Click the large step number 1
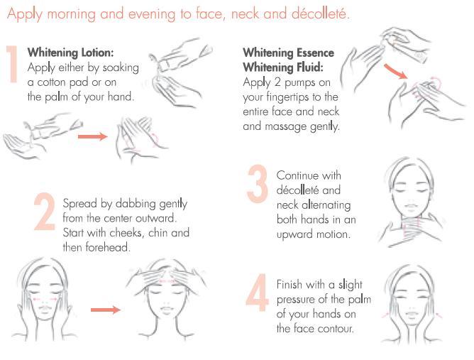point(13,64)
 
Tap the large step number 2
point(45,212)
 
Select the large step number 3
point(258,184)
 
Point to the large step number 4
point(258,293)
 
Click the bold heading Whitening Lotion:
point(70,53)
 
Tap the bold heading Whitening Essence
point(288,53)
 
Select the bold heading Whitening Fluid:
point(283,67)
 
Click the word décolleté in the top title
point(321,14)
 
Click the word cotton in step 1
point(51,82)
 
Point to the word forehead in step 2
point(108,248)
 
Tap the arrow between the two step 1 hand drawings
point(92,137)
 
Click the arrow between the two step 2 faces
point(106,310)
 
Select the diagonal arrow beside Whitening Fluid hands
point(395,72)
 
